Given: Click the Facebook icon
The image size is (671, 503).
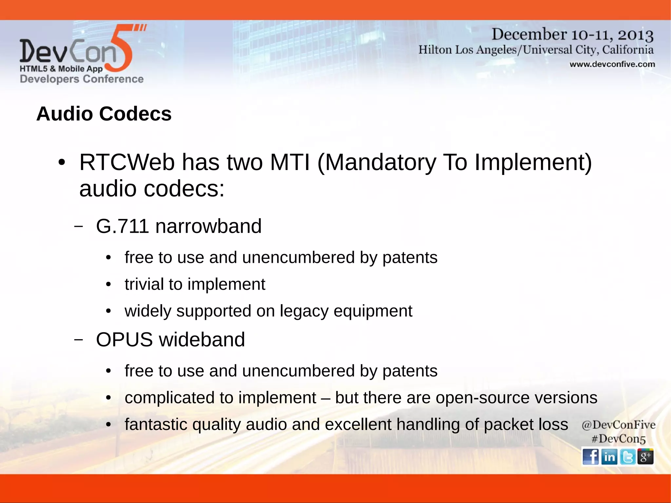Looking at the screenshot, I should [590, 456].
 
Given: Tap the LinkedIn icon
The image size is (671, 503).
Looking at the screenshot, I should [609, 456].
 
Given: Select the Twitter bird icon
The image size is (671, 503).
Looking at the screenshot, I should [628, 456].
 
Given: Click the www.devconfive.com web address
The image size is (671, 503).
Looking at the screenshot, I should [612, 64].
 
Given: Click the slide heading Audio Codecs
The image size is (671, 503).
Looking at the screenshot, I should [104, 114].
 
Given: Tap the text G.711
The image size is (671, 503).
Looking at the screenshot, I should [123, 226].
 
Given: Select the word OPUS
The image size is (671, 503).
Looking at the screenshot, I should [124, 339].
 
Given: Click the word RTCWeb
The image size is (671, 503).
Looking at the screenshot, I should [127, 162].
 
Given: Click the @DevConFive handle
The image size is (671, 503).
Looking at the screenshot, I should [618, 425].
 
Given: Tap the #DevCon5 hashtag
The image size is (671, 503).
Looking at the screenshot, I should [618, 439].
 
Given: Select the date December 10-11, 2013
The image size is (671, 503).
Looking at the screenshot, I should [572, 34].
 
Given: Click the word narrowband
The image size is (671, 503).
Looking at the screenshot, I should [208, 226].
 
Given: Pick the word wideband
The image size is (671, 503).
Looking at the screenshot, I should [202, 339].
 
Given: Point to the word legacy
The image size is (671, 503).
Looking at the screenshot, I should [304, 311].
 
